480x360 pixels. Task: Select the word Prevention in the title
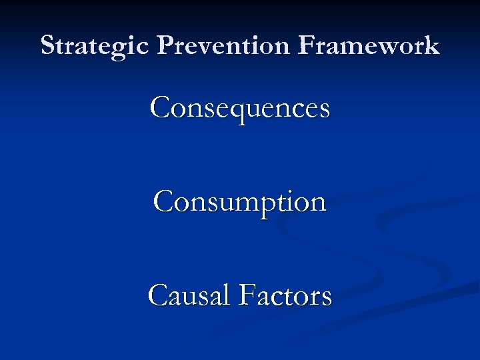tap(223, 45)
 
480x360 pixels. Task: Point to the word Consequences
tap(240, 107)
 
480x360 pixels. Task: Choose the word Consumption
tap(240, 202)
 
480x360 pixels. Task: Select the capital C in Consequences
tap(161, 107)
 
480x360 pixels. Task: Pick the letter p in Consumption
tap(274, 205)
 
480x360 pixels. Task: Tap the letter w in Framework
tap(392, 48)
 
